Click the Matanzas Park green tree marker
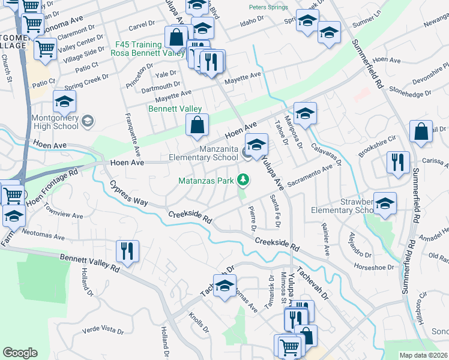[x=243, y=179]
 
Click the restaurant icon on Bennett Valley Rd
[x=127, y=251]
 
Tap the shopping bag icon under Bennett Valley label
[x=197, y=125]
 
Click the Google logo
[x=20, y=353]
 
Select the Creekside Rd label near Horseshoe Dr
[x=277, y=243]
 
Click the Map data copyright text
[x=423, y=355]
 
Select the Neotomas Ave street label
[x=43, y=234]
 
